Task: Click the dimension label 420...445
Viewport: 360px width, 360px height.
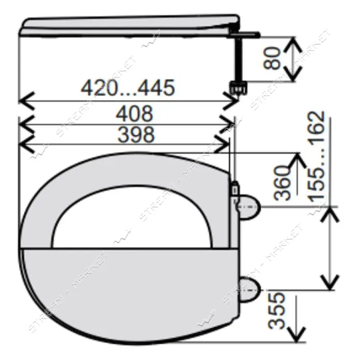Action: pyautogui.click(x=128, y=88)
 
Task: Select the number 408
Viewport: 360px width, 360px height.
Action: pyautogui.click(x=134, y=114)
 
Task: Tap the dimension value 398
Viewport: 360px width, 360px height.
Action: pyautogui.click(x=136, y=134)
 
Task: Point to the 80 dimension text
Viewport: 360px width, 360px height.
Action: pyautogui.click(x=272, y=58)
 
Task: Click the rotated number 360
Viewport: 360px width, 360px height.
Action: pyautogui.click(x=282, y=183)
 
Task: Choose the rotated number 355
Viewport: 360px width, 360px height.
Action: pyautogui.click(x=277, y=311)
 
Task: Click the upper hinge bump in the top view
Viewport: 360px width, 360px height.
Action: pyautogui.click(x=249, y=207)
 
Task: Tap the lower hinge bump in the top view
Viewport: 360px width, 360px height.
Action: pyautogui.click(x=249, y=290)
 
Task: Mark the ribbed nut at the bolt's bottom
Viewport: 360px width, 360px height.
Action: pyautogui.click(x=238, y=87)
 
